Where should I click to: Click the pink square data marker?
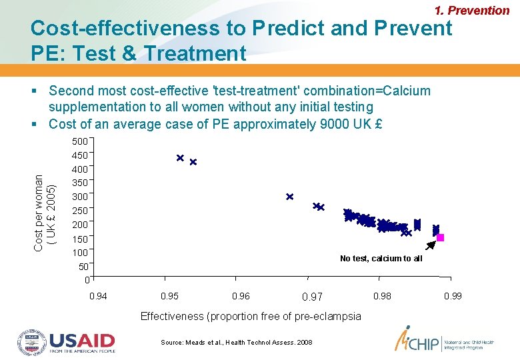coord(440,238)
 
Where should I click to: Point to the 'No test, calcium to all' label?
coord(381,259)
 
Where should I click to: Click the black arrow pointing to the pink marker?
coord(431,245)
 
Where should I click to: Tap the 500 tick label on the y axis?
coord(79,141)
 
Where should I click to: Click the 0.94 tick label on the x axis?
coord(97,296)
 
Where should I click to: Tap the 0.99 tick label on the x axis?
coord(453,296)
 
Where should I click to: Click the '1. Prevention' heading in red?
coord(471,11)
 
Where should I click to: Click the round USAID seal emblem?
coord(31,341)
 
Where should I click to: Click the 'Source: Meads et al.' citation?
coord(236,342)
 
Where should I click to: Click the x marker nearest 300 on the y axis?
coord(289,197)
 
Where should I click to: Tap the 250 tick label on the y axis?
coord(79,211)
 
